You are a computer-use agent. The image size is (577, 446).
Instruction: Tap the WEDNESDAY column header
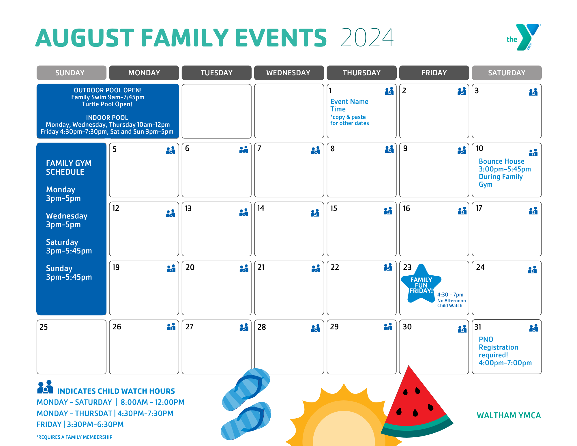[288, 73]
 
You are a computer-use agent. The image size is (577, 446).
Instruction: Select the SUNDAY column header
[70, 73]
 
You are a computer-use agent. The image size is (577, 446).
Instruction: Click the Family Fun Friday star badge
[421, 284]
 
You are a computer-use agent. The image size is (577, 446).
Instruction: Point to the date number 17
[479, 208]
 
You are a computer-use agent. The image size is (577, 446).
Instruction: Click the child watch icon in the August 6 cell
[244, 150]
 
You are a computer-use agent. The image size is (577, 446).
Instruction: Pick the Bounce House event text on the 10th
[501, 161]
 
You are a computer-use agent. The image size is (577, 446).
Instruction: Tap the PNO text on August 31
[486, 339]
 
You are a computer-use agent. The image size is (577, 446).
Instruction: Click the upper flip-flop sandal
[247, 388]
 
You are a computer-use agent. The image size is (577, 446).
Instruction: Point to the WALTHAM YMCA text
[509, 415]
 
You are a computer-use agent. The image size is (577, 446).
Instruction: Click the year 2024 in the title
[367, 38]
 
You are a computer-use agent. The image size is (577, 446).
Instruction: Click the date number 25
[44, 327]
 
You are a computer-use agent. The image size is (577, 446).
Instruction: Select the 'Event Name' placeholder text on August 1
[349, 102]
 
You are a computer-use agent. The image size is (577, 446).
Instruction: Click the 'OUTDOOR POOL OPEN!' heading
[108, 90]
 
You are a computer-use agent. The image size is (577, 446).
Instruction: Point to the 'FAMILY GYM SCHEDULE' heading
[69, 167]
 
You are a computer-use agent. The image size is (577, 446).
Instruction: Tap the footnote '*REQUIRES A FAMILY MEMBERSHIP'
[74, 437]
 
